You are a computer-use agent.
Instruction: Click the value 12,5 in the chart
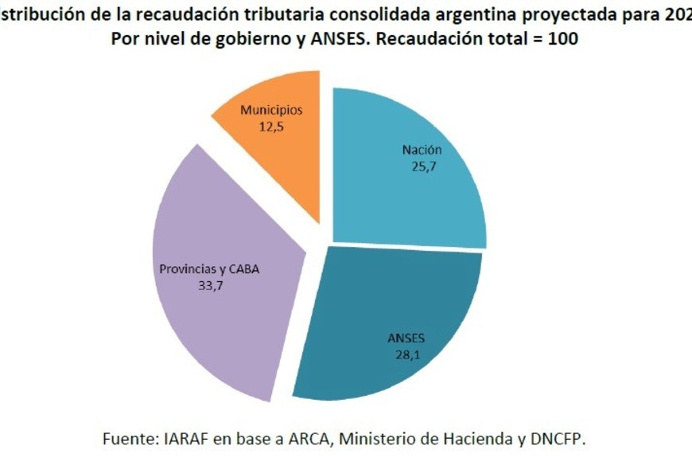coord(273,126)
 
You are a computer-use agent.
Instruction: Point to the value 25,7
coord(422,166)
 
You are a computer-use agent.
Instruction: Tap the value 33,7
coord(209,285)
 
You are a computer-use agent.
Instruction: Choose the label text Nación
coord(422,151)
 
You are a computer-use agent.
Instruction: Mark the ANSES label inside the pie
coord(402,339)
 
